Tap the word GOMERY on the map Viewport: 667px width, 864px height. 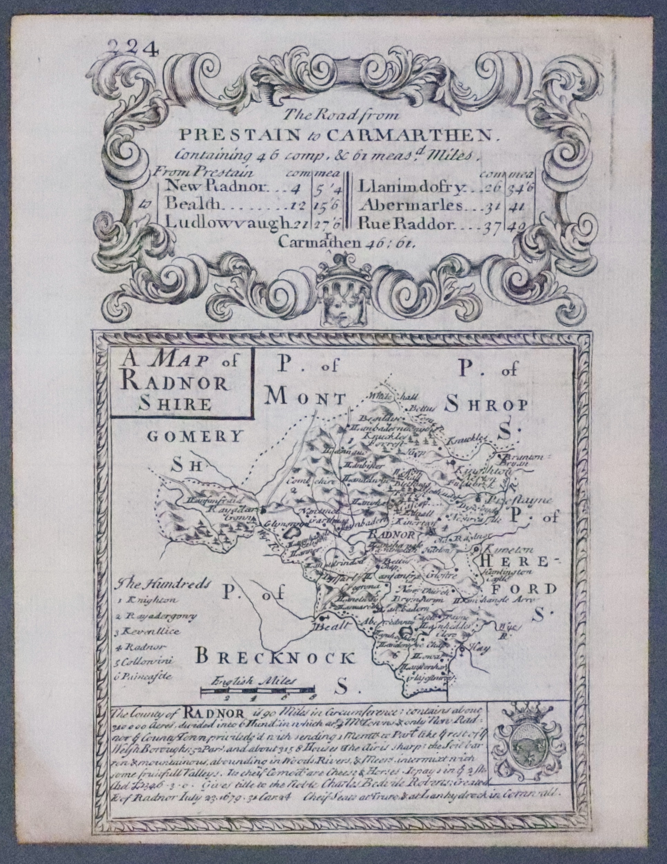(194, 436)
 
